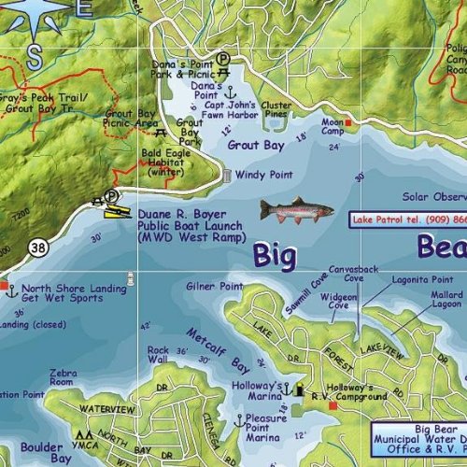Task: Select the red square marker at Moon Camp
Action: click(348, 122)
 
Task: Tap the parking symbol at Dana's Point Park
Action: click(224, 58)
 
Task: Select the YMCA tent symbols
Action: click(84, 435)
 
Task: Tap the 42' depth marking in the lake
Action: click(143, 326)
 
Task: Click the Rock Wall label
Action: click(158, 356)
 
